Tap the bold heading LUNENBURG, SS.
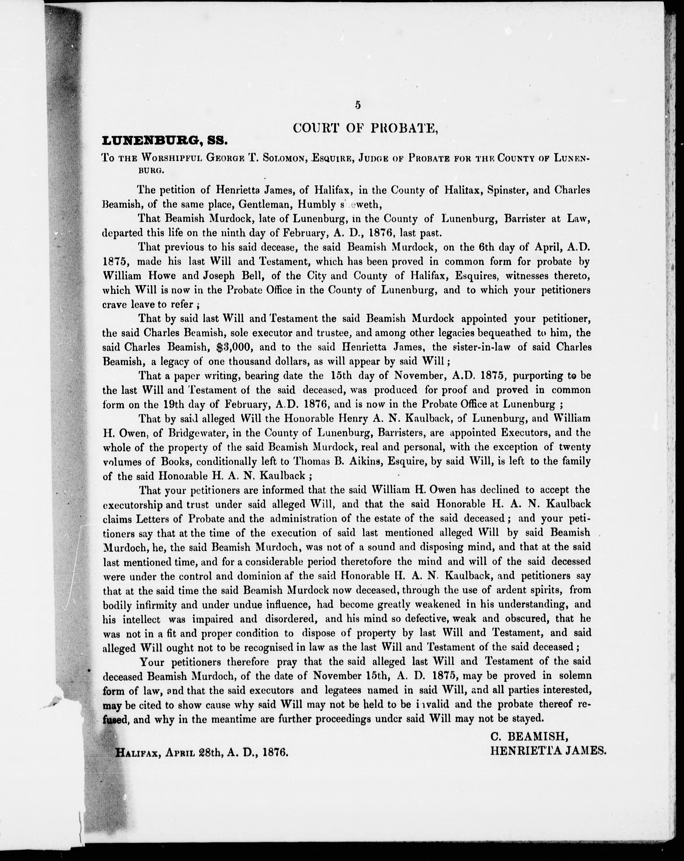(x=165, y=141)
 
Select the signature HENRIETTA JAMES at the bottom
(x=548, y=751)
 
